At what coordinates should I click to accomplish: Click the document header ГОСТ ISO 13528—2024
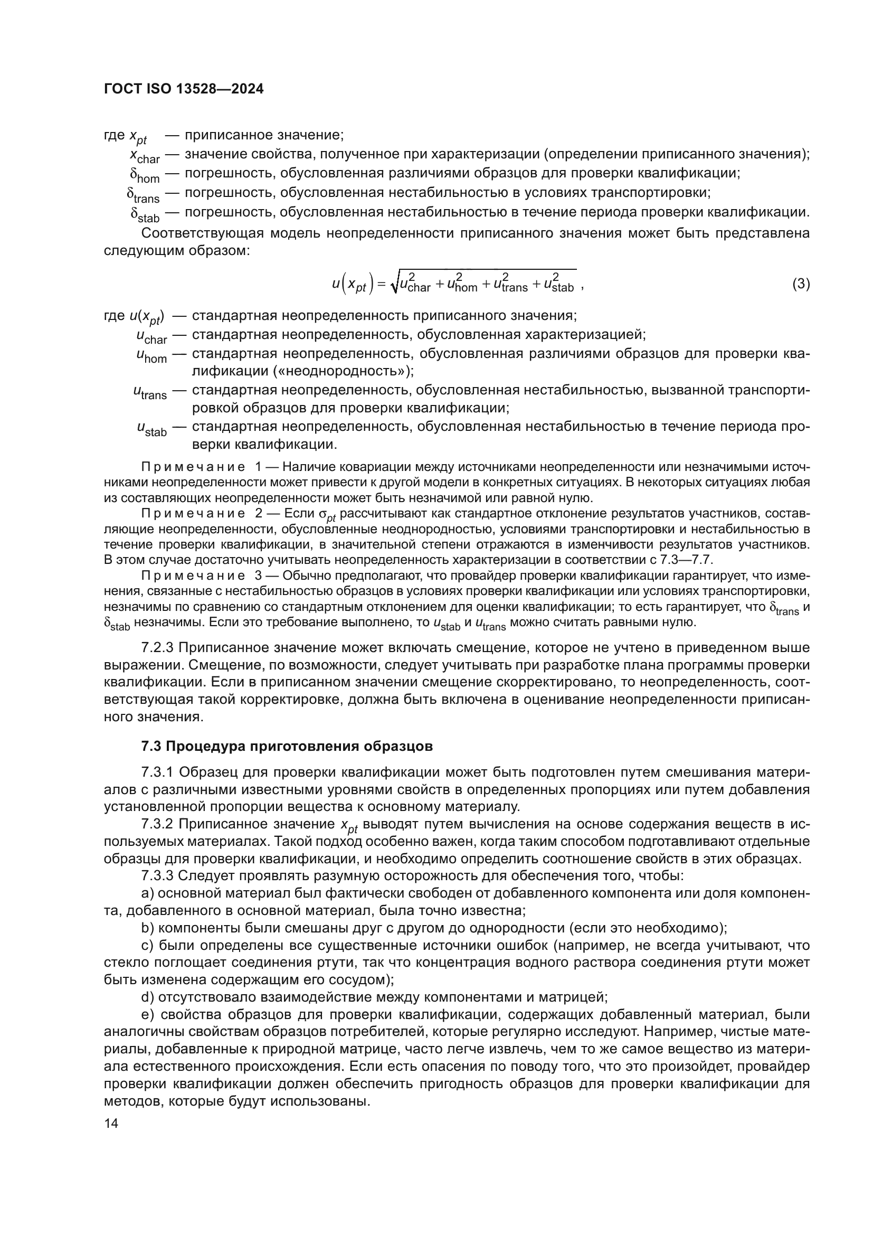click(184, 89)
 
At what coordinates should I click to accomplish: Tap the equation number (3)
click(801, 284)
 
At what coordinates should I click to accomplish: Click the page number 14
click(111, 1123)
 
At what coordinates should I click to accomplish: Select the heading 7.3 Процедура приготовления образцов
click(287, 746)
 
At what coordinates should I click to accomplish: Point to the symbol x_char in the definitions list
click(145, 156)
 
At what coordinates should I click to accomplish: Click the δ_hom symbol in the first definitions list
click(145, 175)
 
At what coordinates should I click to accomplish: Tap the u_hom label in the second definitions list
click(151, 356)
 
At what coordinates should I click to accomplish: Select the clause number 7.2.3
click(157, 648)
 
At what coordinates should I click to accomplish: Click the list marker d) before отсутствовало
click(147, 997)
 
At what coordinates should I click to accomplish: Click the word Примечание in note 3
click(193, 576)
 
